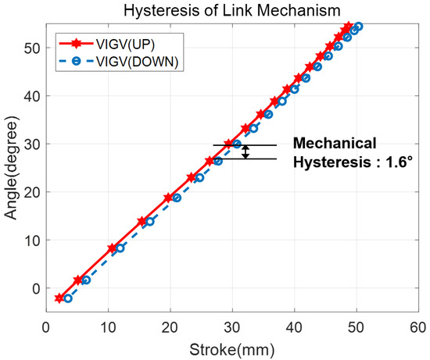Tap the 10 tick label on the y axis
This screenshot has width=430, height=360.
[30, 240]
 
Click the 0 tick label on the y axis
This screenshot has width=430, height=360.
[34, 288]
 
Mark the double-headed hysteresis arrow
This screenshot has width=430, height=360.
[245, 152]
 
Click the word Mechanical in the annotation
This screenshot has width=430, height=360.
[334, 144]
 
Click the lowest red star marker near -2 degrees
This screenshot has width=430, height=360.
[59, 298]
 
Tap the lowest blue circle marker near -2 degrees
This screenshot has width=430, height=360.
[67, 298]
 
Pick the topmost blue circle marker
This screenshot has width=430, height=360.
[358, 27]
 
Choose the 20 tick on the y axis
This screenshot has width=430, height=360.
[30, 192]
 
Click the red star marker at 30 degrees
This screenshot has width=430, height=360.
[228, 144]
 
